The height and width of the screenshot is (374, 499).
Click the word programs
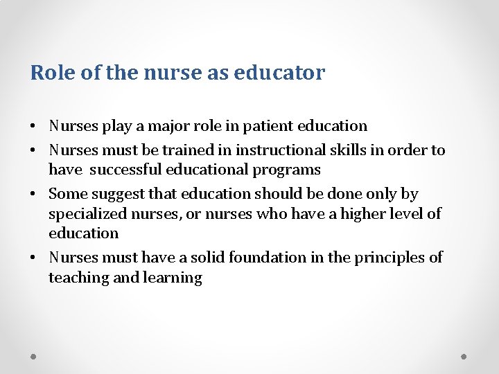pos(288,170)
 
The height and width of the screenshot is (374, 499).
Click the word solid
pos(207,258)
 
